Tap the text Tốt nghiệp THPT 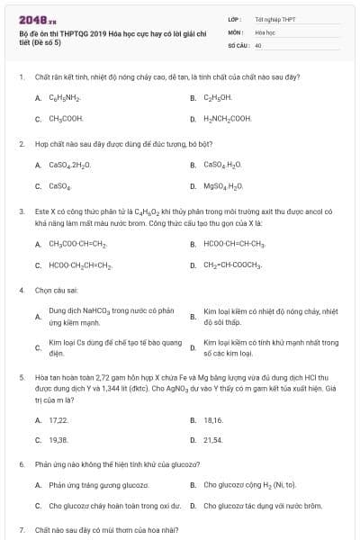274,19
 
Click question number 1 21,77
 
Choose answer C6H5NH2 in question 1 66,98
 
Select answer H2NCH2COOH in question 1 228,118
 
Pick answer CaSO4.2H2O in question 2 69,165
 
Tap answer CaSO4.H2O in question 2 224,165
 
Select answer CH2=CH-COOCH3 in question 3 233,265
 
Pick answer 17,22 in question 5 58,419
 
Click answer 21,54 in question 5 213,440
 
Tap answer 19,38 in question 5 58,440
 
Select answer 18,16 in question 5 213,419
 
